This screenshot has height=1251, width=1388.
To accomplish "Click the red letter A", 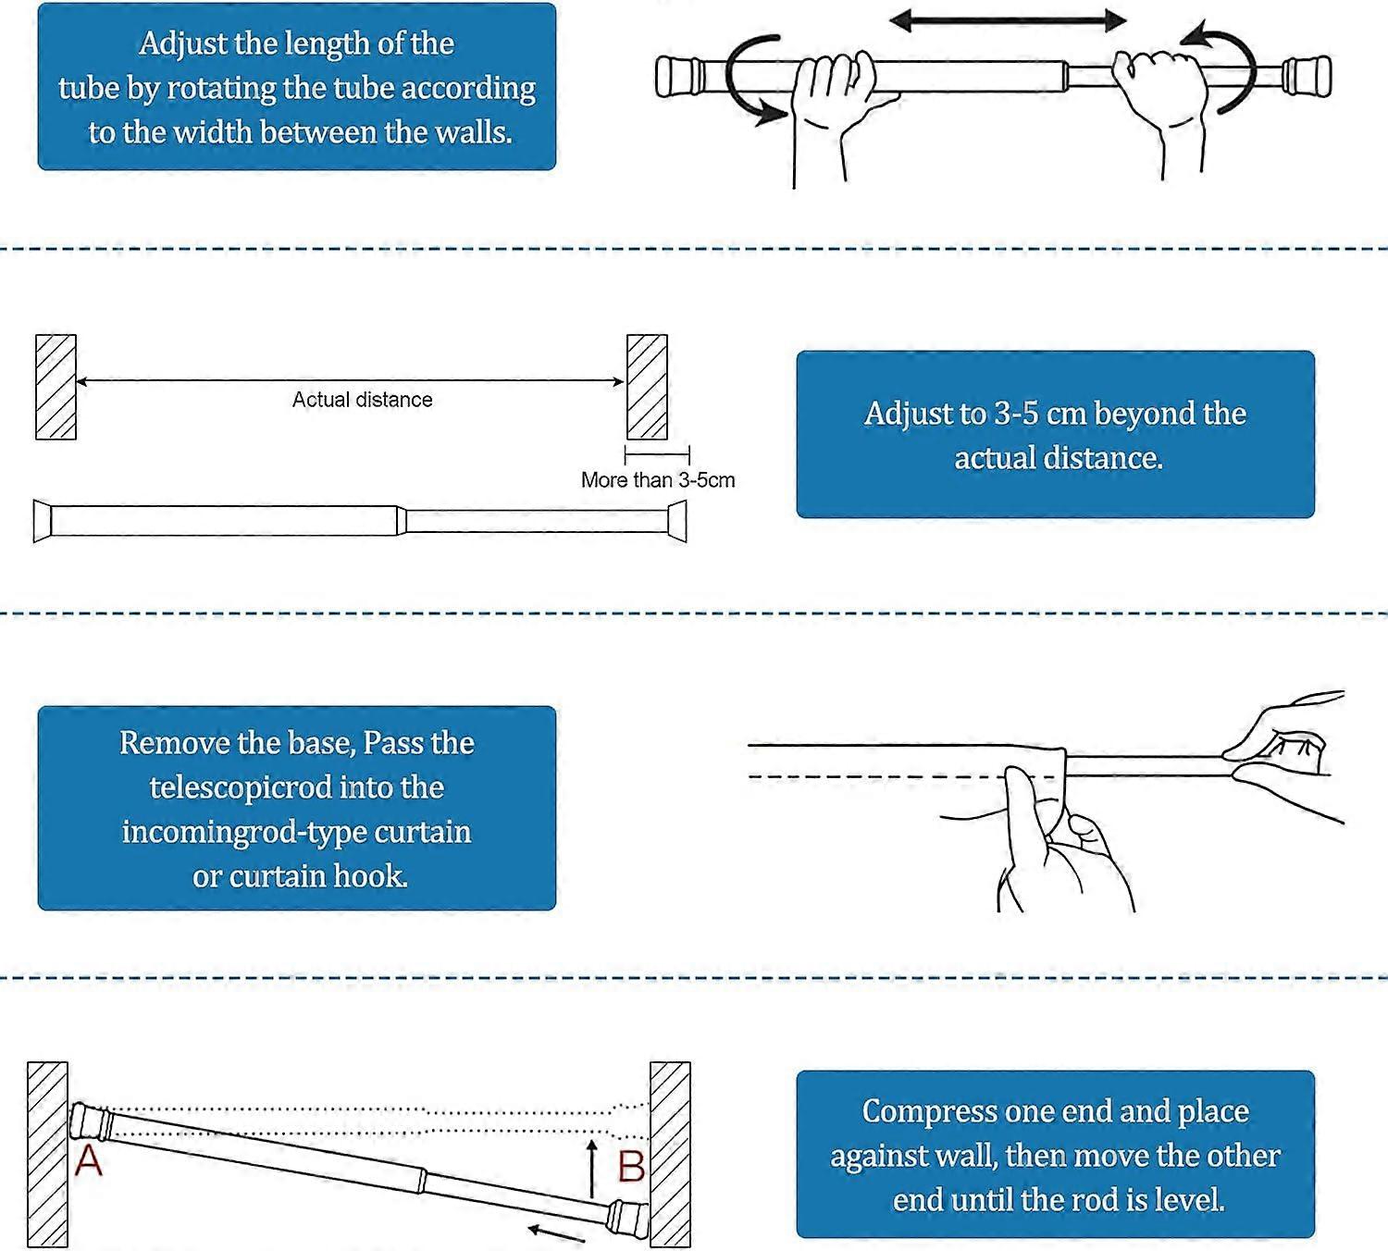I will [88, 1160].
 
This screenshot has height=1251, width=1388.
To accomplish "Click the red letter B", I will [631, 1167].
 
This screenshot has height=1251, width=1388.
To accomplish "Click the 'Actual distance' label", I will [362, 400].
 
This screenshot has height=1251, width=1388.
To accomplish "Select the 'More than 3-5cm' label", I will [658, 480].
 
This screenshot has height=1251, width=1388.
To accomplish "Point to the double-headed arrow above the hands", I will [1008, 20].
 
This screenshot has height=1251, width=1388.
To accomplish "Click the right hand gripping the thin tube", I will [1159, 93].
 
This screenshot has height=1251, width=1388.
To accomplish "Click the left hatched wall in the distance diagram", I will [56, 387].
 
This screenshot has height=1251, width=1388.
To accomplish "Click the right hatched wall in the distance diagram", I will [647, 387].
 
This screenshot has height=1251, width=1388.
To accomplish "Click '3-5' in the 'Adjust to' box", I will [1016, 414].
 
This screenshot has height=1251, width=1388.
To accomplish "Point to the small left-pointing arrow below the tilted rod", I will [556, 1232].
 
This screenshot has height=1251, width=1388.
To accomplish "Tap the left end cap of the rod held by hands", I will [677, 77].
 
